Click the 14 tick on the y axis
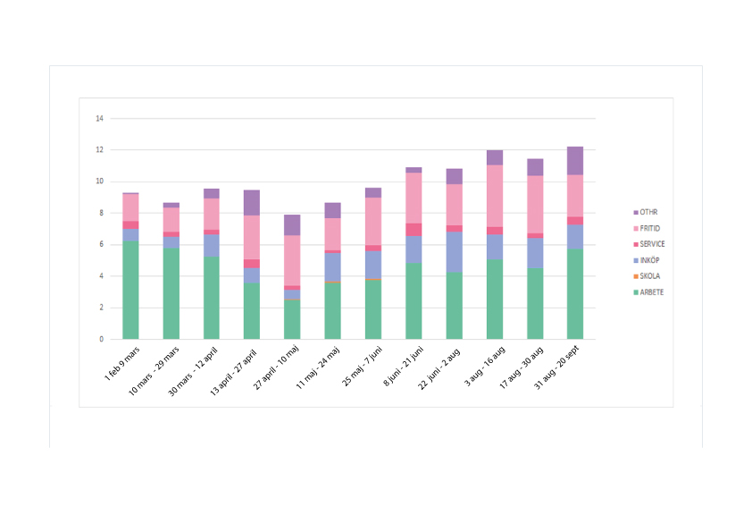click(99, 118)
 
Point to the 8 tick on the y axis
click(101, 213)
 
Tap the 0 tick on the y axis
click(101, 340)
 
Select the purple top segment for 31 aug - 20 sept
click(575, 160)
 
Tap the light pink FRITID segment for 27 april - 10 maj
click(292, 260)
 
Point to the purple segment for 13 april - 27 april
click(252, 203)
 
